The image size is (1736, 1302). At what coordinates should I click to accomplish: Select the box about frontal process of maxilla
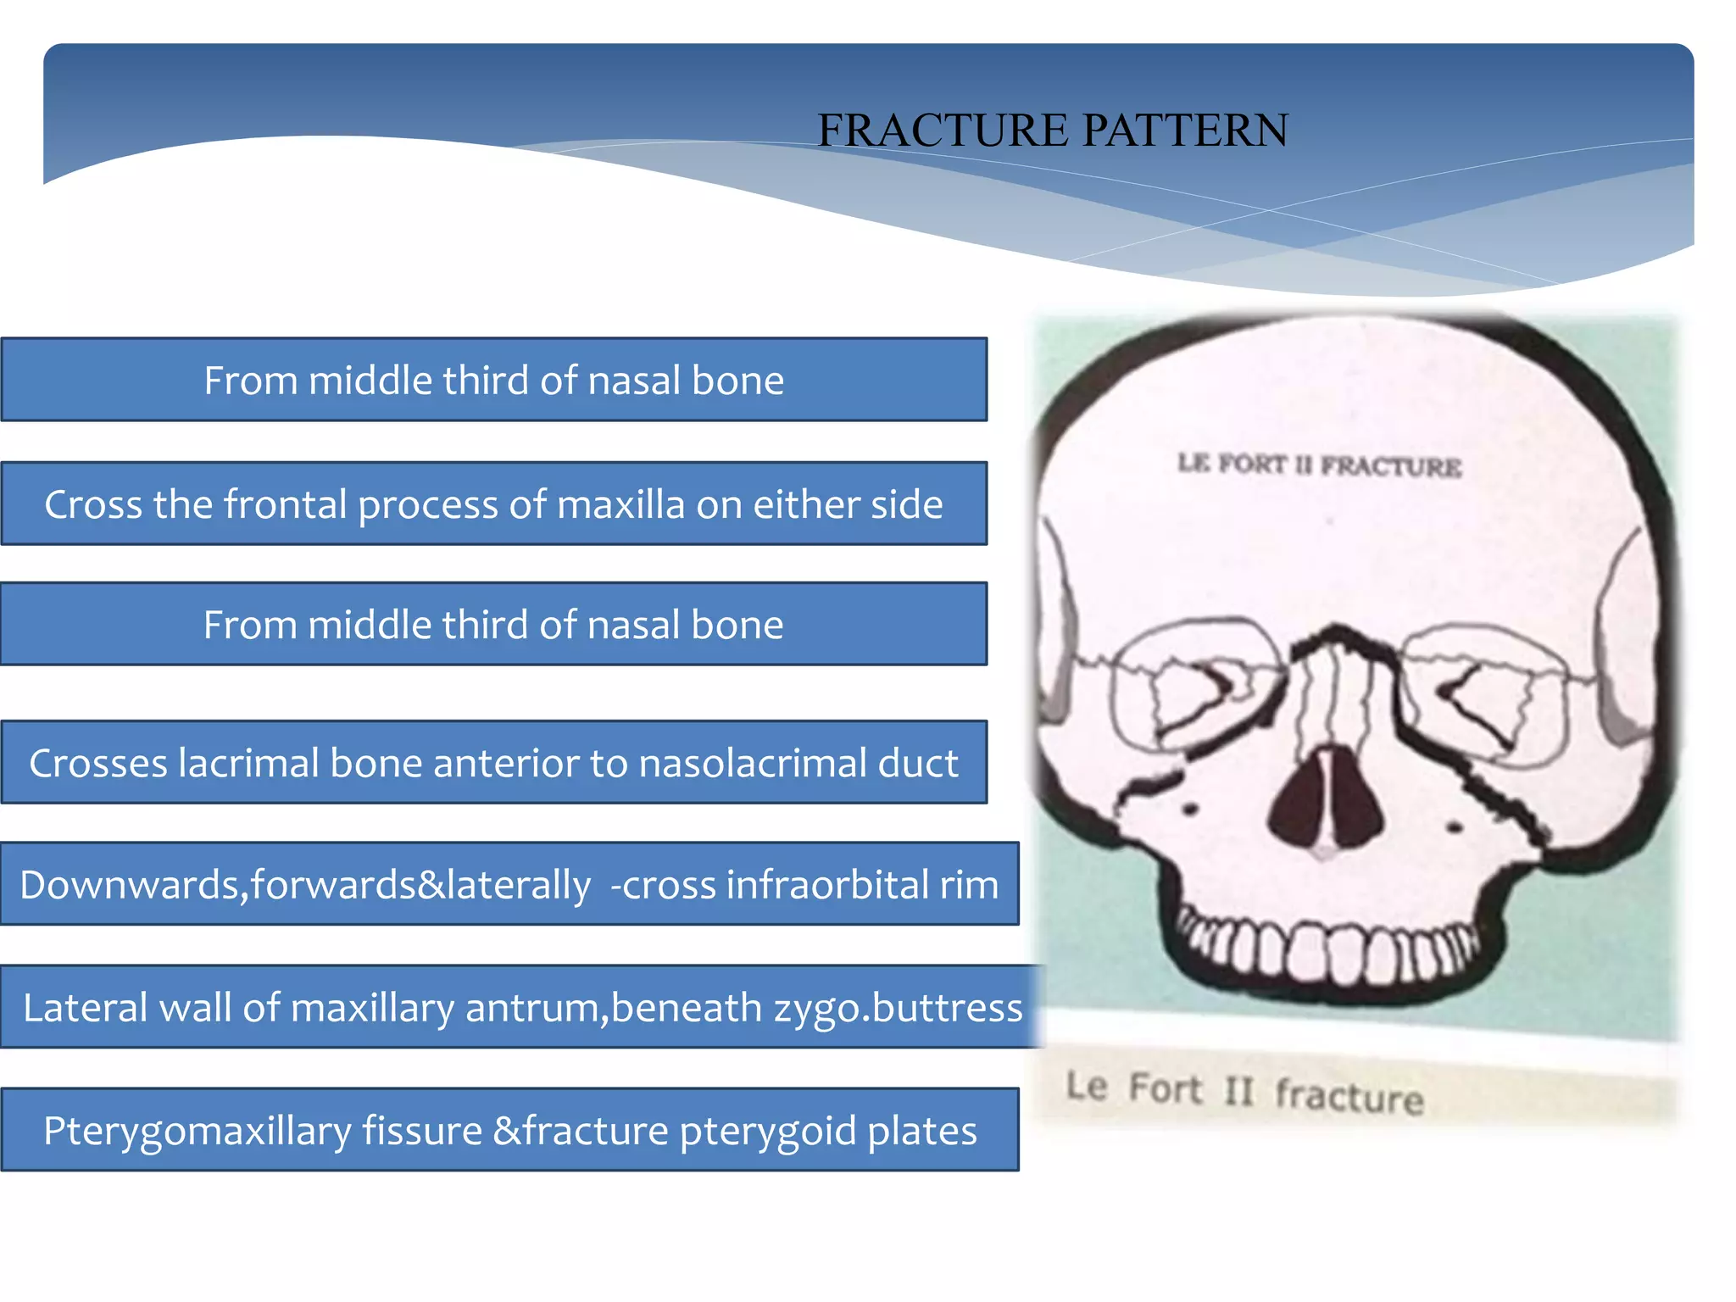493,504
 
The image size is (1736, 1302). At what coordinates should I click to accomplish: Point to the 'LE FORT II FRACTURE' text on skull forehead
1319,465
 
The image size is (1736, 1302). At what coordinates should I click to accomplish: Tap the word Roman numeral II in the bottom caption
1238,1090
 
